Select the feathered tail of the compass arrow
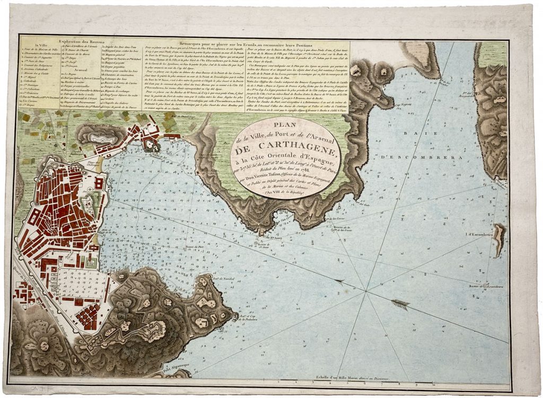pos(401,304)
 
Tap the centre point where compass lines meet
pos(365,290)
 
